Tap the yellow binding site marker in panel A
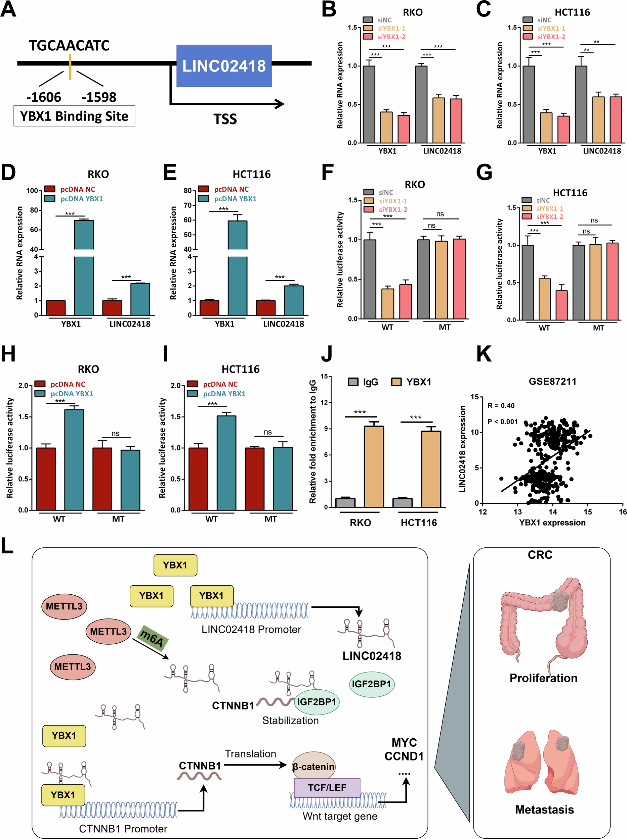70,67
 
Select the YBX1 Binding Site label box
74,116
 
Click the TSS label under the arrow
225,119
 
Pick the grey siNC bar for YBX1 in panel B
369,104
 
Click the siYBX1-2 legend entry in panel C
551,37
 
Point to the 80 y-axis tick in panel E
187,191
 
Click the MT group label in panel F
445,327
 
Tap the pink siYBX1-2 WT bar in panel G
562,305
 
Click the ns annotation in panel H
115,433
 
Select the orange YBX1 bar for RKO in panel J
374,466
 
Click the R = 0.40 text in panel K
501,406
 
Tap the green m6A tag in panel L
152,638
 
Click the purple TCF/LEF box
327,788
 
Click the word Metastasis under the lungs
544,810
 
